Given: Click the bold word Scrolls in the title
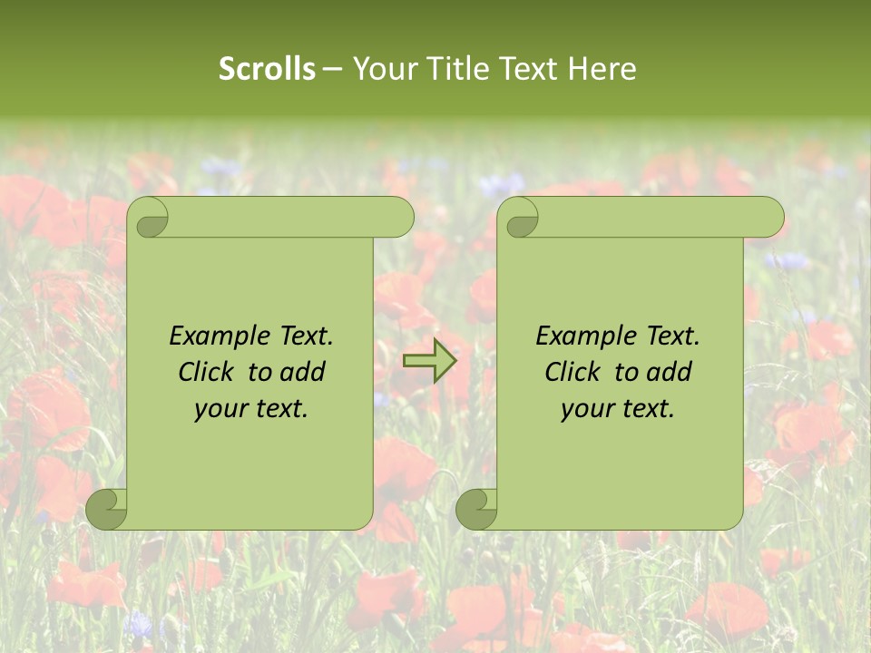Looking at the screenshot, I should coord(267,69).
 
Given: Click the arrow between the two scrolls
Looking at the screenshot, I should coord(430,361).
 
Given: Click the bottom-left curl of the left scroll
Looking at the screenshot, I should coord(107,509).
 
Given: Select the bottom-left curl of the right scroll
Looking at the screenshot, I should coord(477,509).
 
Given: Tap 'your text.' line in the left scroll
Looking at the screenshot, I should coord(251,408).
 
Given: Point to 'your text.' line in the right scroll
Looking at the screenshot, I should coord(618,408).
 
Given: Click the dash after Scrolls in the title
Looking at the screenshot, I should coord(332,69).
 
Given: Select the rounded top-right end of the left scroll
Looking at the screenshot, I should coord(399,218).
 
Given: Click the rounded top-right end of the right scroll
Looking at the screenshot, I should coord(769,218).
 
